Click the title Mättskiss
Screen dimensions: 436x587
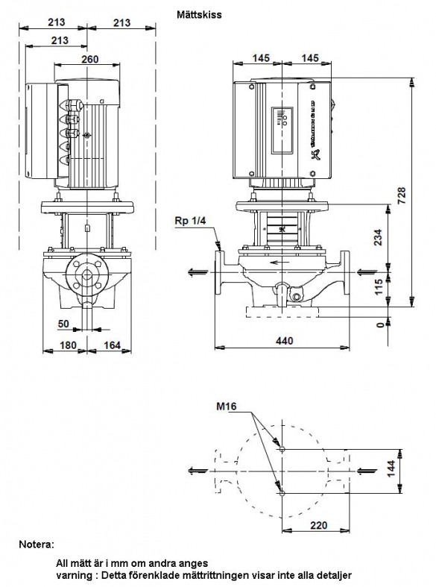coord(199,15)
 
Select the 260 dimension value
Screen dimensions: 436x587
coord(89,59)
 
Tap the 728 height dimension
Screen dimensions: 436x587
coord(401,195)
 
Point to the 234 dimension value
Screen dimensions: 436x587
coord(379,237)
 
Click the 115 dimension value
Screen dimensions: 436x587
coord(379,287)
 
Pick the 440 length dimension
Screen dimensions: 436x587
coord(284,341)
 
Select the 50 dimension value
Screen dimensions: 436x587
coord(63,324)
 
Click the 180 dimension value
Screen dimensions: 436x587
coord(68,345)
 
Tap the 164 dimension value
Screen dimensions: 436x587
coord(113,345)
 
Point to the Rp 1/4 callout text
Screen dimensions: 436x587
coord(190,221)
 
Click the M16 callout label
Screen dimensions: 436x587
coord(227,406)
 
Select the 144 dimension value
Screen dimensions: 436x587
coord(391,469)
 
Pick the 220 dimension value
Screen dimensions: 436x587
coord(318,526)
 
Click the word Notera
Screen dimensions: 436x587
coord(37,544)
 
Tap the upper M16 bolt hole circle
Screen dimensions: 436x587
coord(282,449)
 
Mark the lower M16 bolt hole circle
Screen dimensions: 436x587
coord(282,494)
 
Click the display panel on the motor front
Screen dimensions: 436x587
coord(282,131)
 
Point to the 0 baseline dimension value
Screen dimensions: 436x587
coord(380,325)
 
